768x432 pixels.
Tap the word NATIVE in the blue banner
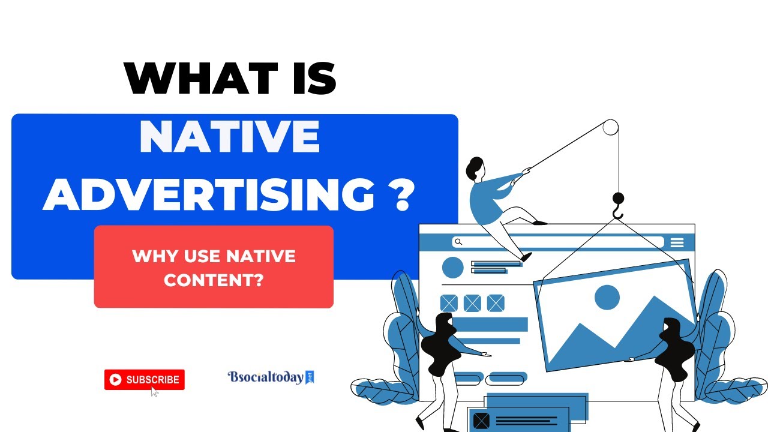229,137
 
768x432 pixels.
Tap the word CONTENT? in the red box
214,280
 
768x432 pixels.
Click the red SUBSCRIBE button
144,379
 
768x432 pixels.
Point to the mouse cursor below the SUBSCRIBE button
154,392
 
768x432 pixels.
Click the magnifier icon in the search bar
458,242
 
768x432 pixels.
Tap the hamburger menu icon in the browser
677,242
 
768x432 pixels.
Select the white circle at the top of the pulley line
610,127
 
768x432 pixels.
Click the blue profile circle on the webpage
452,268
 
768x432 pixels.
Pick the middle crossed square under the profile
472,303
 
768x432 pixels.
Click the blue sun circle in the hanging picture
607,297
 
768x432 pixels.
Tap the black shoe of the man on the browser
526,257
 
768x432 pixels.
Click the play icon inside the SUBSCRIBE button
115,379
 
